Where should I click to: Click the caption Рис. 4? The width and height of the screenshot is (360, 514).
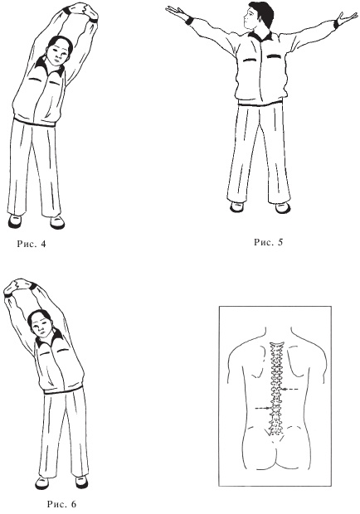point(32,245)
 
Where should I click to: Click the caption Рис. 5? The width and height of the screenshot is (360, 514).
point(268,242)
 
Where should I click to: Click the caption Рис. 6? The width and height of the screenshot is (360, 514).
point(61,503)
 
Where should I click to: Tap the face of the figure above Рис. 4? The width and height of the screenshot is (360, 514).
point(59,54)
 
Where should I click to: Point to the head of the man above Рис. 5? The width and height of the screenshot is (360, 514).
point(259,17)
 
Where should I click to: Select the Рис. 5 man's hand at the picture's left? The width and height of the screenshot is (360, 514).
point(175,12)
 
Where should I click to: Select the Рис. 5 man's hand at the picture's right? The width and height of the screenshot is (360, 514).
point(347,20)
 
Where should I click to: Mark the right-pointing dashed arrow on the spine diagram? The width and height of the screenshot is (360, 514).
point(263,408)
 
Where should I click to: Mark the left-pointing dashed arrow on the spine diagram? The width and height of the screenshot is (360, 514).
point(290,389)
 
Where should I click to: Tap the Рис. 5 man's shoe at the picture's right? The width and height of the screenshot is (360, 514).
point(282,208)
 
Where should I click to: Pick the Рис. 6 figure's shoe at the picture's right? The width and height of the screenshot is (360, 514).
point(81,482)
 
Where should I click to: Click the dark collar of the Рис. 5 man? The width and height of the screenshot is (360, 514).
point(260,36)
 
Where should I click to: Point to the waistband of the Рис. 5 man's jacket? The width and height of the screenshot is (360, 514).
point(260,104)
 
